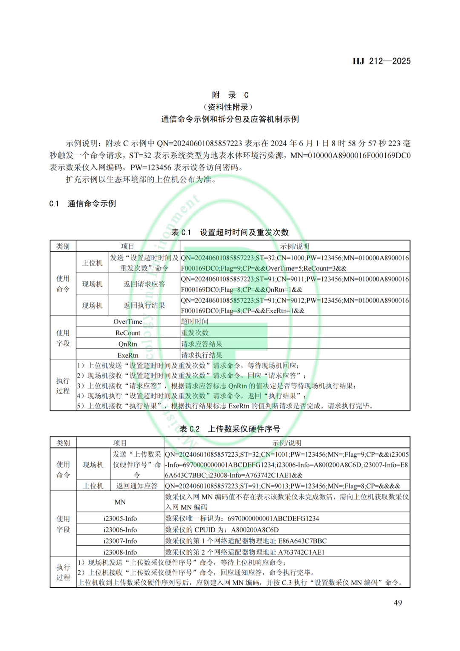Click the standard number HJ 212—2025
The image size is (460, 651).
381,61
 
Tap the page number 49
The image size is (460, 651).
397,602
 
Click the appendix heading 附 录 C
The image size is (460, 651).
230,95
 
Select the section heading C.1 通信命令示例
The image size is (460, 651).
83,204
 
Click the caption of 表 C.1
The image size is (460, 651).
230,232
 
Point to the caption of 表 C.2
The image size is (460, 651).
230,429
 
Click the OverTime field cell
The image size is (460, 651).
128,322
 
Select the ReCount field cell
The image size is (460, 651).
128,333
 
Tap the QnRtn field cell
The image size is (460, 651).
128,344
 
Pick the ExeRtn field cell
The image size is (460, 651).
128,355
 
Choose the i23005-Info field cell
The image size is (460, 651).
120,518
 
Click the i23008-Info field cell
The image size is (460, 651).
120,552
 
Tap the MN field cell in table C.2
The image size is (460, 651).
120,502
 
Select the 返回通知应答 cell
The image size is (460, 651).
137,486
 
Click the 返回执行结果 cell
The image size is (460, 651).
144,305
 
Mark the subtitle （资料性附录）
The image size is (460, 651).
230,107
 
